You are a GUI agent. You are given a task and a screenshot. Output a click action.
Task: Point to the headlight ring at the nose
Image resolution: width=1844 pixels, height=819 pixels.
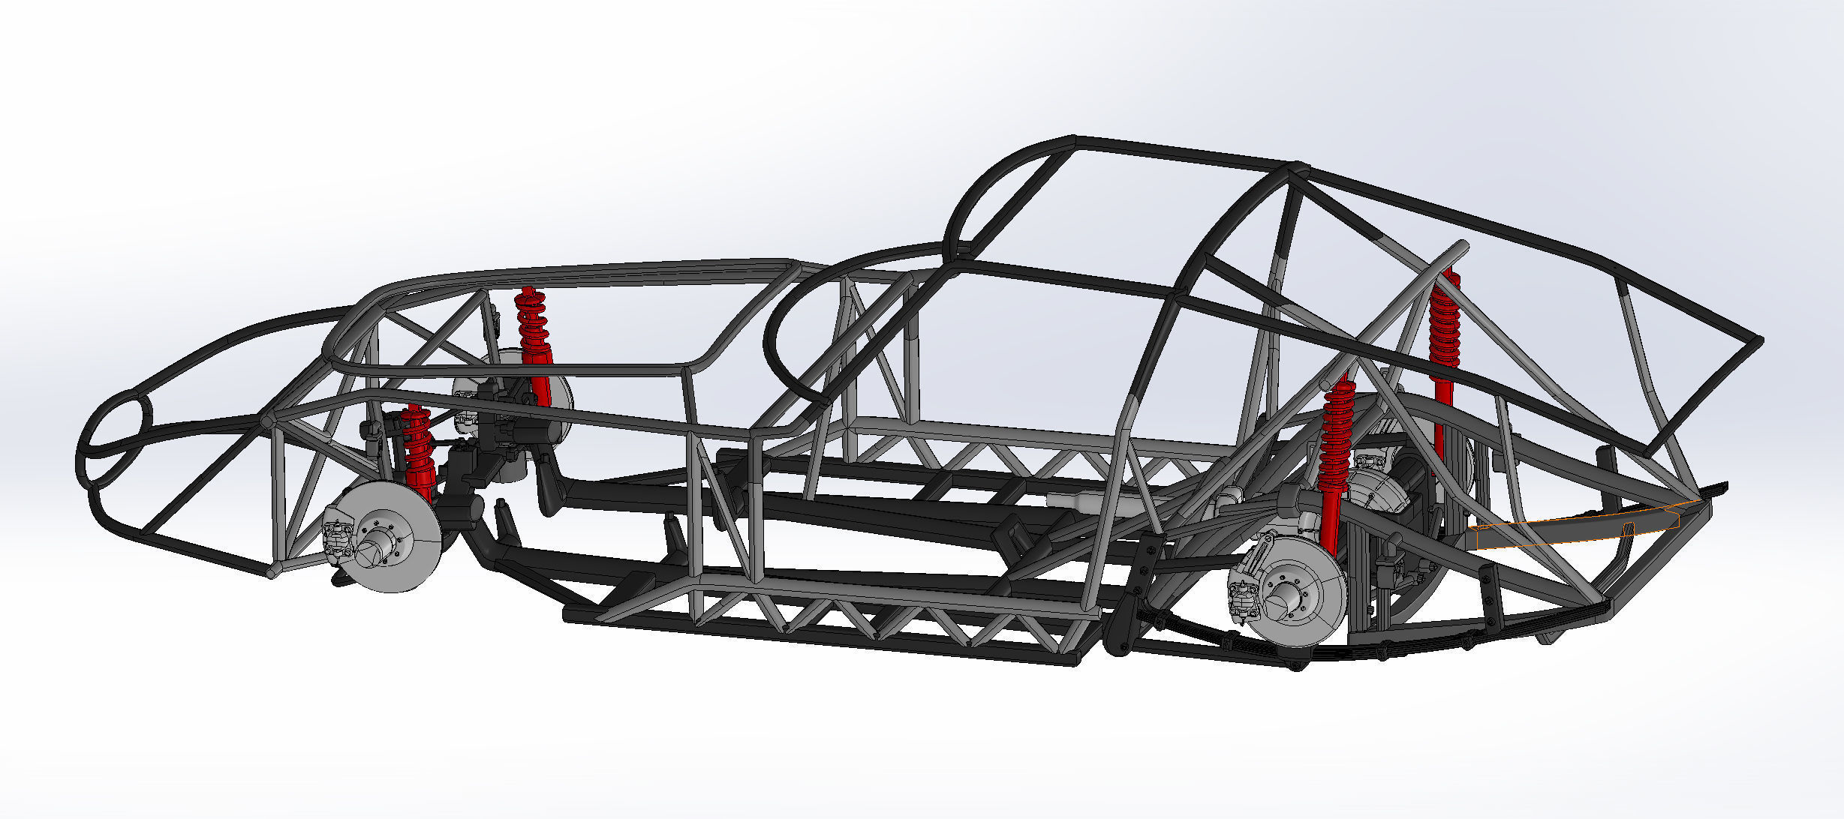click(116, 439)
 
